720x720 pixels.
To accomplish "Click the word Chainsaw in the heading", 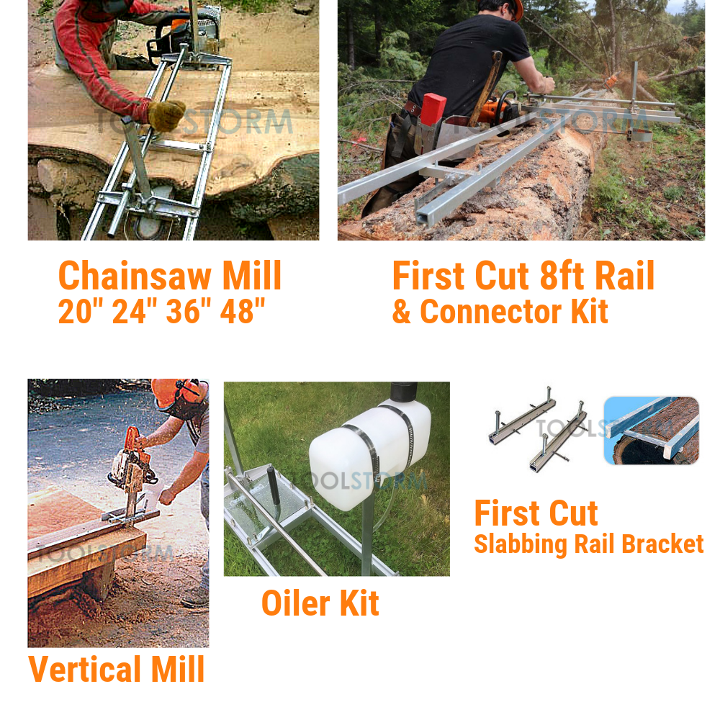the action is pos(135,276).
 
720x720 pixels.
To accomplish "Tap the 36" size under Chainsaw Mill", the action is pos(183,311).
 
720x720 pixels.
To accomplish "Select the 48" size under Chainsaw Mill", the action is pos(243,311).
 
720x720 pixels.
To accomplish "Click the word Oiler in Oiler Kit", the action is pos(296,603).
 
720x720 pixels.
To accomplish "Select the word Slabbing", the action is pos(521,544).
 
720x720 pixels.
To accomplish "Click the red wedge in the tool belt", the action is pos(433,109).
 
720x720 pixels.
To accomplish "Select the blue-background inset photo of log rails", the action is pos(652,431).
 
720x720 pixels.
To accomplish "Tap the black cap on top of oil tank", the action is pos(404,392).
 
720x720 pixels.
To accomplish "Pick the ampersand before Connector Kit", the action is pos(401,312).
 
